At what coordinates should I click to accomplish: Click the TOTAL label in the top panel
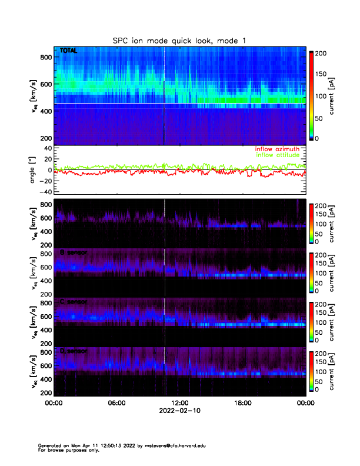pyautogui.click(x=68, y=51)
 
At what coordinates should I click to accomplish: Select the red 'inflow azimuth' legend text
pyautogui.click(x=278, y=149)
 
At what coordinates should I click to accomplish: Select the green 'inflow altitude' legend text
pyautogui.click(x=278, y=155)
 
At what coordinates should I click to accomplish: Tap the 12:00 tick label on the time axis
pyautogui.click(x=179, y=403)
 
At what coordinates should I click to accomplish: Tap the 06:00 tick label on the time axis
pyautogui.click(x=116, y=403)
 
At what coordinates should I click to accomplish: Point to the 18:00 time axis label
pyautogui.click(x=242, y=403)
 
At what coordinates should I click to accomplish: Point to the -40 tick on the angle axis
pyautogui.click(x=45, y=192)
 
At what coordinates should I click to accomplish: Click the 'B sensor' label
pyautogui.click(x=74, y=252)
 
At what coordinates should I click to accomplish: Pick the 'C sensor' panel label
pyautogui.click(x=74, y=301)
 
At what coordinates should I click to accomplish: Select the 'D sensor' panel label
pyautogui.click(x=74, y=351)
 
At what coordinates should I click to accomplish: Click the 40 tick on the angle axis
pyautogui.click(x=47, y=148)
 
